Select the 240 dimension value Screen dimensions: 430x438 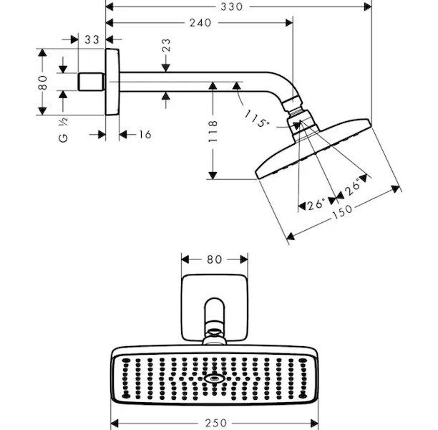pos(200,23)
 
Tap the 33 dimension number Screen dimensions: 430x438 pos(91,40)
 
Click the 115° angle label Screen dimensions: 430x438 pos(255,118)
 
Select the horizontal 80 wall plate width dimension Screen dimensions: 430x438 pos(214,259)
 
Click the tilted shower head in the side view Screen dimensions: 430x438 pos(315,150)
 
